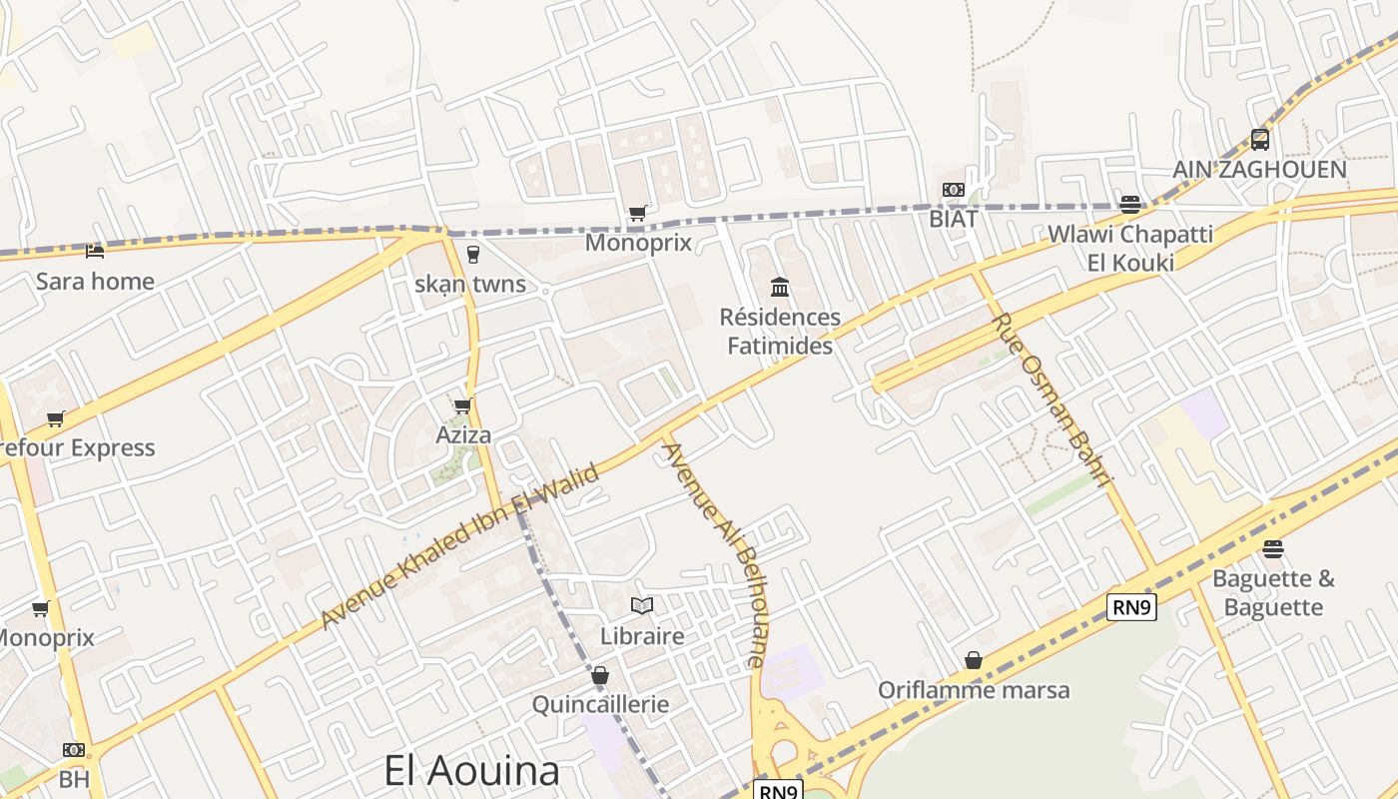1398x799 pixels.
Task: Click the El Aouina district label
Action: [x=472, y=771]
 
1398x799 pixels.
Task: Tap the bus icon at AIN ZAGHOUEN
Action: [x=1260, y=140]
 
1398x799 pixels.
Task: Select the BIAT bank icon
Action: [x=954, y=190]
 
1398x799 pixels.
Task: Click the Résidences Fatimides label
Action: [x=780, y=332]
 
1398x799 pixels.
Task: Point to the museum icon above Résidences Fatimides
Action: [x=780, y=289]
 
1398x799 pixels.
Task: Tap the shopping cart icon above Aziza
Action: [x=462, y=405]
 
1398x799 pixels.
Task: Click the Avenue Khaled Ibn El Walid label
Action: [x=460, y=546]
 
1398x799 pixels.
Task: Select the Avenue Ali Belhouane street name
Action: [x=715, y=555]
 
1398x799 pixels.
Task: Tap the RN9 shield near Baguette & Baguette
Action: [x=1131, y=606]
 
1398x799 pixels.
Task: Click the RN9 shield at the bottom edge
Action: [x=778, y=791]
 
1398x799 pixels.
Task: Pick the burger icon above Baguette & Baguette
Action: [x=1272, y=549]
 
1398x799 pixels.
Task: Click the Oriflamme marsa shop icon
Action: [x=974, y=660]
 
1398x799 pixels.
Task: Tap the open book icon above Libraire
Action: [x=642, y=605]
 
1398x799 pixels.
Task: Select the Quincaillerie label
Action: [x=600, y=704]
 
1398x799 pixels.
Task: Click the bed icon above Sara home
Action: [x=95, y=252]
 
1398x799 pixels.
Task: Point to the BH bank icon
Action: [x=74, y=750]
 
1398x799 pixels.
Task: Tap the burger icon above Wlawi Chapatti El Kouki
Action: [x=1130, y=205]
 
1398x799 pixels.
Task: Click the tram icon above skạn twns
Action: [x=473, y=254]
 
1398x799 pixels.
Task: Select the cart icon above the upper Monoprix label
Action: [x=637, y=213]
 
